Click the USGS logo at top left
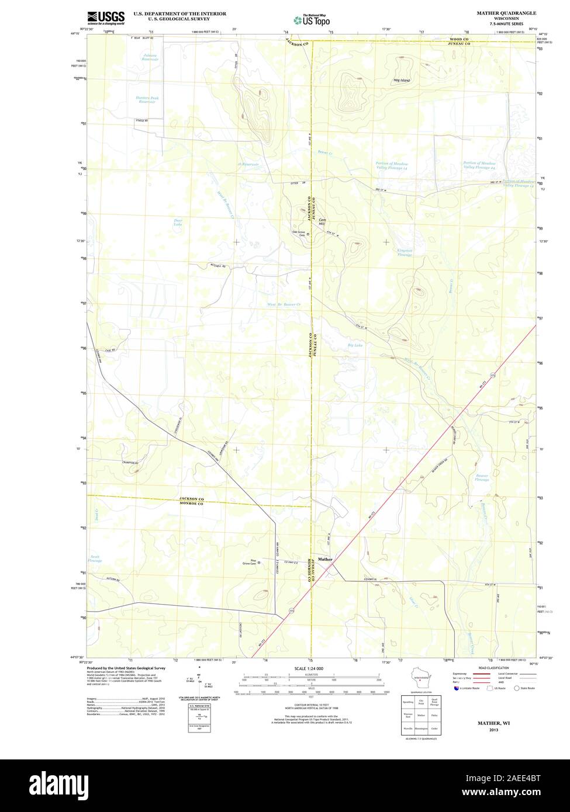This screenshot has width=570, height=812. coord(106,18)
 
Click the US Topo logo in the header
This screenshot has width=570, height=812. coord(312,20)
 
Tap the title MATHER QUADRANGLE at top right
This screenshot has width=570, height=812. coord(506,12)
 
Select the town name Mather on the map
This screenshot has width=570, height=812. coord(325,559)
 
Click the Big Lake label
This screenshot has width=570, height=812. coord(355,345)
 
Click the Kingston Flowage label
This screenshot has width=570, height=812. coord(405,252)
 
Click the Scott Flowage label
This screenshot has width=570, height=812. coord(95,559)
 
